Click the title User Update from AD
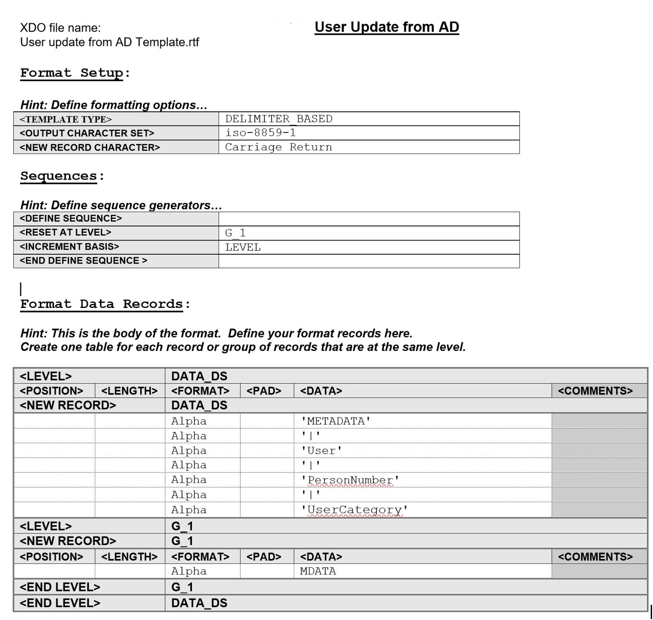tap(386, 27)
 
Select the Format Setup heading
tap(72, 73)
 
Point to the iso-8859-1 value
tap(260, 133)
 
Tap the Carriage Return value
tap(279, 147)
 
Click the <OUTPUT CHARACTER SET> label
tap(87, 133)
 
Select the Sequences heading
tap(59, 176)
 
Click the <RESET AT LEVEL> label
tap(66, 232)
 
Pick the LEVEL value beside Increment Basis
tap(243, 247)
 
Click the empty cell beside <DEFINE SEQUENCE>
tap(368, 219)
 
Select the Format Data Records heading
tap(101, 304)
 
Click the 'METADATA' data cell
tap(335, 421)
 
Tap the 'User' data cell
tap(321, 450)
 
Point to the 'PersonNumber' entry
tap(350, 480)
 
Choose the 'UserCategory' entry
tap(354, 510)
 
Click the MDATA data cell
tap(318, 571)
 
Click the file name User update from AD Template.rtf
tap(110, 42)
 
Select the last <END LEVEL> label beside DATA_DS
tap(60, 603)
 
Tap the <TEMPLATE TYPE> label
tap(66, 120)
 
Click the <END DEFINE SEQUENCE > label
tap(83, 261)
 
